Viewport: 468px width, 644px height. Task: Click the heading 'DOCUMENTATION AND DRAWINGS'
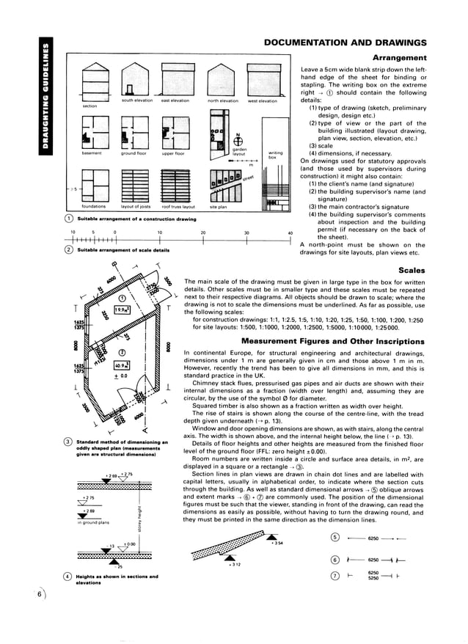pos(345,43)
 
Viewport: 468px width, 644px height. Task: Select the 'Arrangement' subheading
pos(400,57)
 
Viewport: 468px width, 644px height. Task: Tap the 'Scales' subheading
pos(412,270)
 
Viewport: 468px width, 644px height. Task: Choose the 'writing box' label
pos(276,155)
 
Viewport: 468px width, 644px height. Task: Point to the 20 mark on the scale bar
pos(203,233)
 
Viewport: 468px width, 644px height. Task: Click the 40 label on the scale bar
pos(290,233)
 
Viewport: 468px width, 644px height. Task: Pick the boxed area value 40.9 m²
pos(122,364)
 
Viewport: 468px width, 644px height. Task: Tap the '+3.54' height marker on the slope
pos(277,543)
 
